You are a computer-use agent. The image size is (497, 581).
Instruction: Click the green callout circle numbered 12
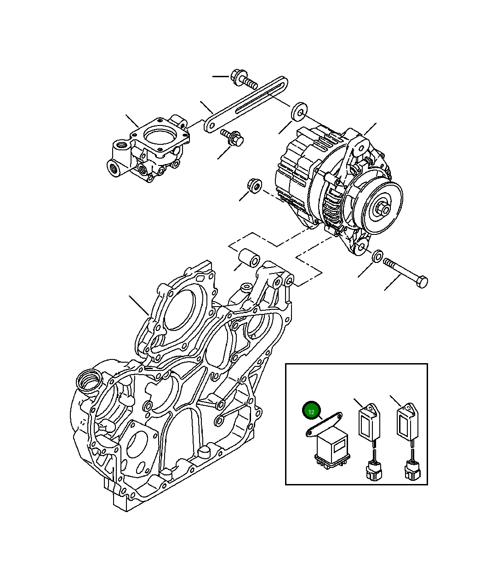[x=311, y=411]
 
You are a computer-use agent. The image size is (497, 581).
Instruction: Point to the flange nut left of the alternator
[x=254, y=186]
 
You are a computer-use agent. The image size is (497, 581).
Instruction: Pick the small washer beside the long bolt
[x=377, y=256]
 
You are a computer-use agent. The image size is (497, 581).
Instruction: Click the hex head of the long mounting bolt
[x=422, y=282]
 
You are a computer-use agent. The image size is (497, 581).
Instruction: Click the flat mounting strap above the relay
[x=324, y=423]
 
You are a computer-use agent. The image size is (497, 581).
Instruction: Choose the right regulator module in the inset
[x=407, y=422]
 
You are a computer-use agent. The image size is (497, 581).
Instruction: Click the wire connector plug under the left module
[x=373, y=472]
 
